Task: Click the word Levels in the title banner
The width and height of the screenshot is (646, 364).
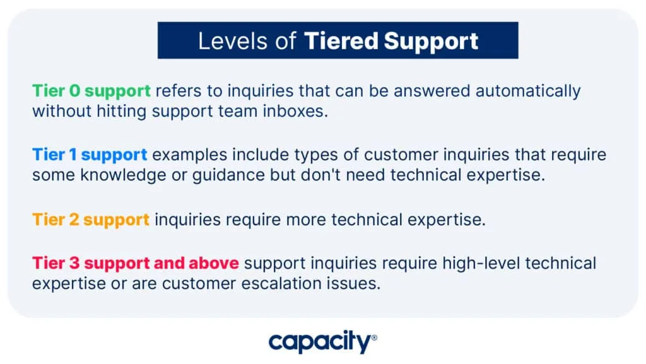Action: (x=233, y=41)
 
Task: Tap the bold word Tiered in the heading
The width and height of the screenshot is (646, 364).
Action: (x=341, y=41)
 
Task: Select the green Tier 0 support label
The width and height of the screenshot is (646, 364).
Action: (x=91, y=91)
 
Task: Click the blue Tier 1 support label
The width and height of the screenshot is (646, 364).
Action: (x=90, y=155)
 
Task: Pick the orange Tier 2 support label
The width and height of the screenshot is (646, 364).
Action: (x=91, y=220)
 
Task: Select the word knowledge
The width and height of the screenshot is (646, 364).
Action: (x=123, y=175)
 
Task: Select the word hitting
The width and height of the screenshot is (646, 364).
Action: (x=122, y=112)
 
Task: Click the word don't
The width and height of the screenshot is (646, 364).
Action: (x=320, y=175)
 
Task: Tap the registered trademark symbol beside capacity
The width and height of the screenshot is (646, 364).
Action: (x=374, y=338)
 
